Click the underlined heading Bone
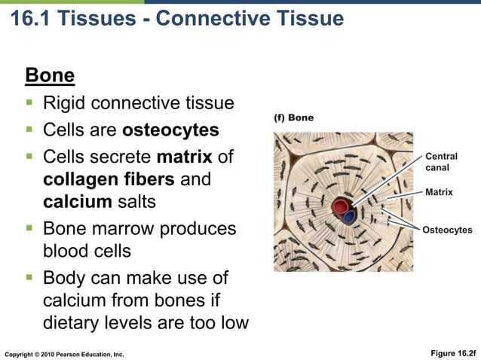click(x=50, y=76)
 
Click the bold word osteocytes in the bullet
click(x=170, y=130)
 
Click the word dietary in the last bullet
click(x=72, y=324)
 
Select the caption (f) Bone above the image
click(x=293, y=118)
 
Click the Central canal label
click(x=441, y=162)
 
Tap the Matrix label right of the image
click(x=439, y=193)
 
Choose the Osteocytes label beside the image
click(x=447, y=230)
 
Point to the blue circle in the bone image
click(x=348, y=217)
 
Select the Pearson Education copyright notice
click(x=64, y=353)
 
